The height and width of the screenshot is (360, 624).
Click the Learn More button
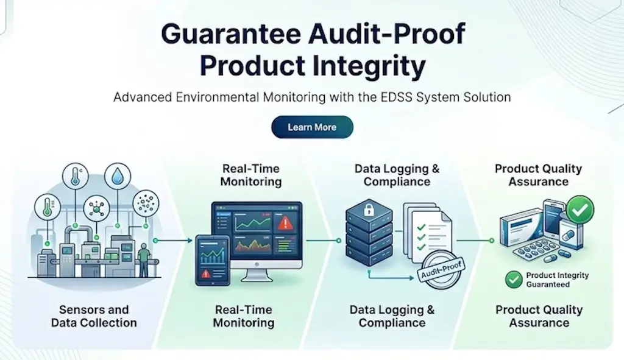312,127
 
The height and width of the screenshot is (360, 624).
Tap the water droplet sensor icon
118,176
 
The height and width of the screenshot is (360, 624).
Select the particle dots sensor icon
146,203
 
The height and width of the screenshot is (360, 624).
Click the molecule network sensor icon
96,208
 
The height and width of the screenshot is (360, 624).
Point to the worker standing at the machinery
144,258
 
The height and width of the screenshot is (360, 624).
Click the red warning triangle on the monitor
285,224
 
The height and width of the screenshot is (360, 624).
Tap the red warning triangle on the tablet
206,274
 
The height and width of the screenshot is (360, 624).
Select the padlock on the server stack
369,210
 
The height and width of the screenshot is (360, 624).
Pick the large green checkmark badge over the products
580,209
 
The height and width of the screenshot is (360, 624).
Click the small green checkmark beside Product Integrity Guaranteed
514,280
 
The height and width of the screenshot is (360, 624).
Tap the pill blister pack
539,252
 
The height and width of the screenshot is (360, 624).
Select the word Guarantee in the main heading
231,34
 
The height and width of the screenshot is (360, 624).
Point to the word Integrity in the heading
369,66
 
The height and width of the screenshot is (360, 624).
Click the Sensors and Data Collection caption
94,316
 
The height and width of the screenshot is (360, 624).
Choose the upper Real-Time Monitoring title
251,175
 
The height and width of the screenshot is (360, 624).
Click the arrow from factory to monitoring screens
174,241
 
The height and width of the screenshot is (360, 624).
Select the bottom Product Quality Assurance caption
539,316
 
